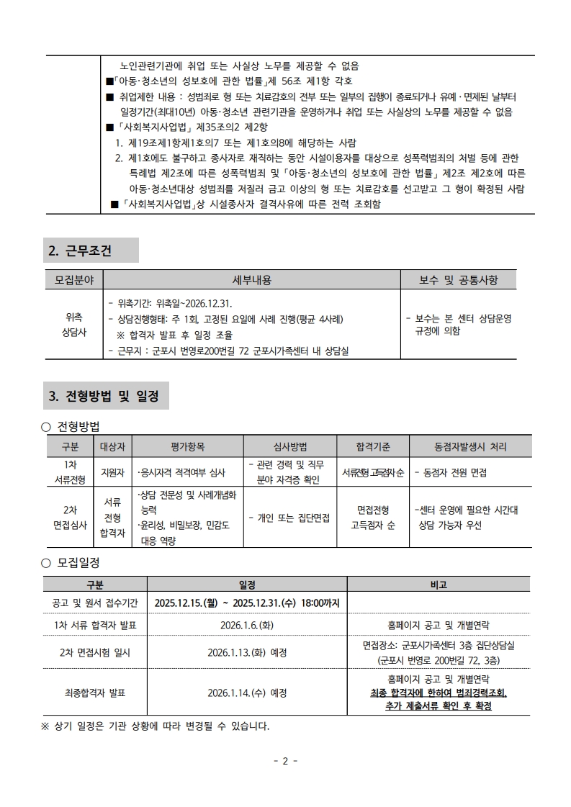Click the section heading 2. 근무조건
(81, 251)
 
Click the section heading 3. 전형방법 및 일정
(104, 395)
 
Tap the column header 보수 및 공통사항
(459, 279)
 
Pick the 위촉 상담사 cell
(73, 324)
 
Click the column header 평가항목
(187, 447)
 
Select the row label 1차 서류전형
(70, 472)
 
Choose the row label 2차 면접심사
(70, 518)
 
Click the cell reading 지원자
(112, 472)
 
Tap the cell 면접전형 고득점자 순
(373, 518)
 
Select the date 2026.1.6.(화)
(246, 625)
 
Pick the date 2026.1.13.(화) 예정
(246, 653)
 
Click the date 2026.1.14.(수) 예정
(246, 693)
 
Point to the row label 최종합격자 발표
(94, 693)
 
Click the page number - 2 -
(285, 760)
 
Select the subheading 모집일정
(78, 562)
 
